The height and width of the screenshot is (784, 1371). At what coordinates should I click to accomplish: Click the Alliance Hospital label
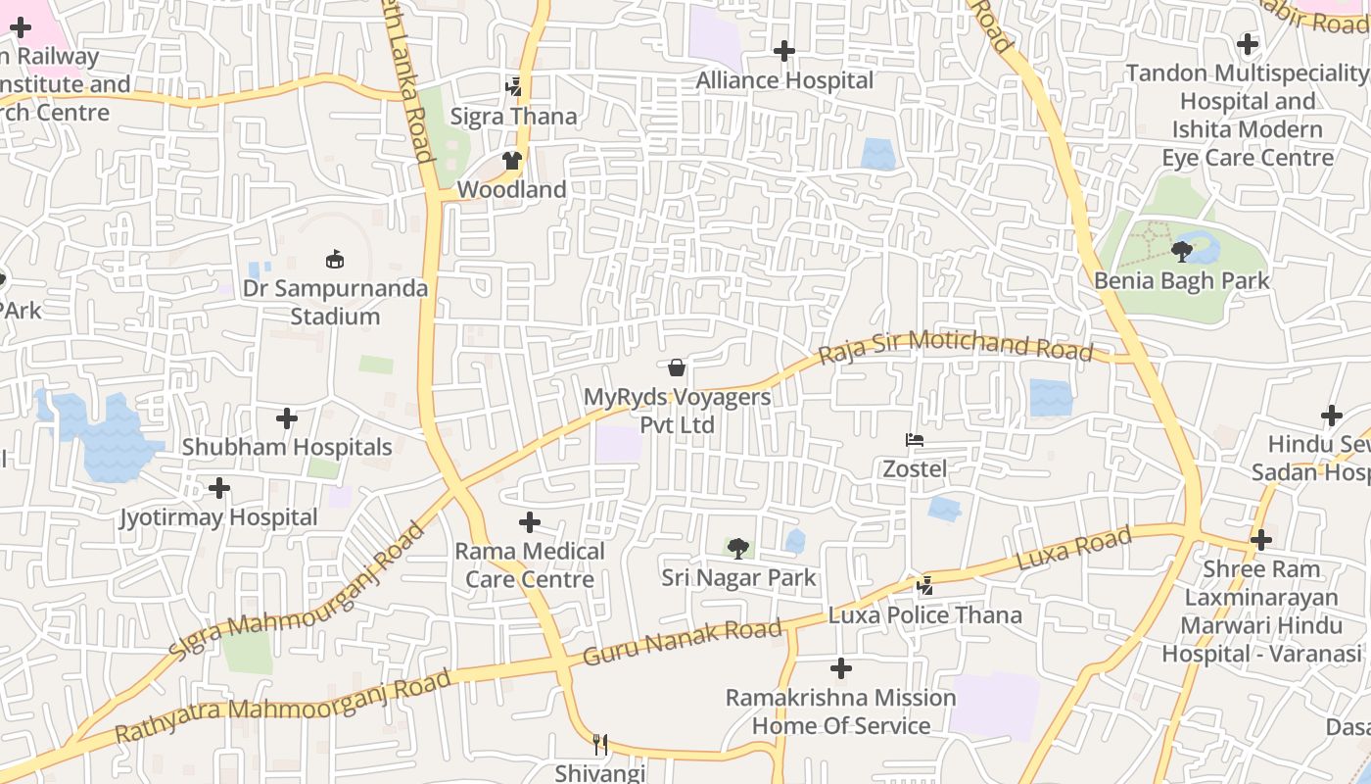tap(784, 80)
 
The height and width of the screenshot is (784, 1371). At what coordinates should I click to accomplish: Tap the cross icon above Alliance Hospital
tap(784, 51)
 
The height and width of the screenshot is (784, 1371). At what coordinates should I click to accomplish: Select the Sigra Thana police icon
tap(514, 87)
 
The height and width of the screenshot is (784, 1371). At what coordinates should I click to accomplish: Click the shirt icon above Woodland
tap(512, 161)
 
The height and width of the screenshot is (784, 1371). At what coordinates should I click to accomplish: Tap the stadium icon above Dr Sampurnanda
tap(335, 260)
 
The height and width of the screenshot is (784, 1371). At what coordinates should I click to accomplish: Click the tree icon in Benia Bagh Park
tap(1182, 252)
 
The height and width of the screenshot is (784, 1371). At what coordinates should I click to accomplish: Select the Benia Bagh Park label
tap(1182, 281)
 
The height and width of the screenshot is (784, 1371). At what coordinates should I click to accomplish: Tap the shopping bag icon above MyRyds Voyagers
tap(677, 368)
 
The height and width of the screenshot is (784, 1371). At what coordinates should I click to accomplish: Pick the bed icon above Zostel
tap(915, 440)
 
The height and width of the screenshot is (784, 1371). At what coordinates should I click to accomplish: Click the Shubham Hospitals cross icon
tap(287, 419)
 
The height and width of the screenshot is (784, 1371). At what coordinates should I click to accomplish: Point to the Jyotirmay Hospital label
tap(218, 517)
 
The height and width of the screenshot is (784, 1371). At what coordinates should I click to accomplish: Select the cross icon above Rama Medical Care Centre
tap(530, 522)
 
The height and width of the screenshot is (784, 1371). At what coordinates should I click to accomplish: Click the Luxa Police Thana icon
tap(924, 586)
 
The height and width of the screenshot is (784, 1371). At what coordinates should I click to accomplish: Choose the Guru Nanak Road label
tap(683, 643)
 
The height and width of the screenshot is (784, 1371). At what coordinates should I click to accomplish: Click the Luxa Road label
tap(1074, 549)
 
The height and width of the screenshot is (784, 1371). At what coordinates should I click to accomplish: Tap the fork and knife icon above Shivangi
tap(600, 745)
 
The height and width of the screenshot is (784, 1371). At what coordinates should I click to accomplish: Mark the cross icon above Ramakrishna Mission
tap(841, 669)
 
